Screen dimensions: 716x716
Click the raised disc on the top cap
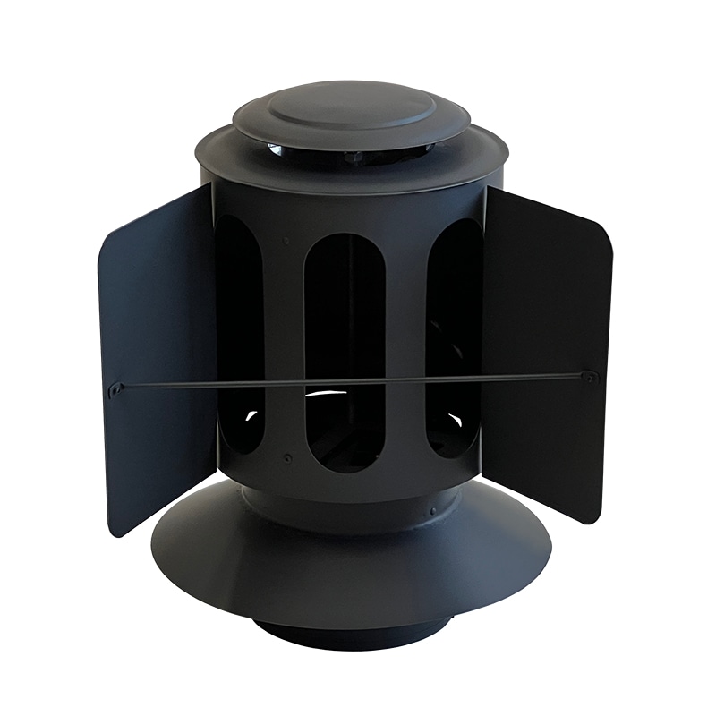(x=349, y=108)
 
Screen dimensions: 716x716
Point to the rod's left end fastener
(x=116, y=388)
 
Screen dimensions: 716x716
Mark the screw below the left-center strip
(x=286, y=457)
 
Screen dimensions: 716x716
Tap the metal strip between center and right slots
(x=403, y=340)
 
